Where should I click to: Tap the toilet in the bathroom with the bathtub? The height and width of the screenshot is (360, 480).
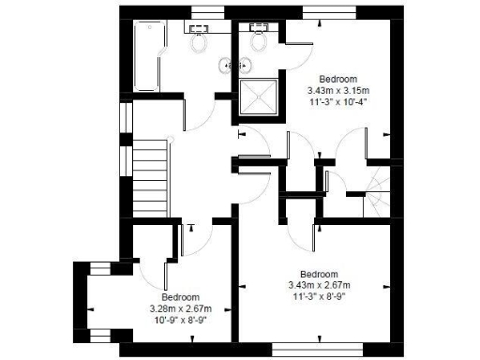[x=198, y=40]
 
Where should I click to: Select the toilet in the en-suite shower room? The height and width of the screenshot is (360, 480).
[x=259, y=40]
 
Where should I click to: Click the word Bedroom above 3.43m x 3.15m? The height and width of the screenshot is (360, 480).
[x=337, y=79]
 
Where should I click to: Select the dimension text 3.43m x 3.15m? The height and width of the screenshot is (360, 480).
[x=337, y=90]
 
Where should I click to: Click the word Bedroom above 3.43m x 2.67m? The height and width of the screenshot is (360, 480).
[x=319, y=273]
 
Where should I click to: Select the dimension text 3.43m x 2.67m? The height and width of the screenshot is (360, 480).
[x=319, y=284]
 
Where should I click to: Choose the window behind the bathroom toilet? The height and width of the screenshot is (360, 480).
[x=204, y=12]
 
